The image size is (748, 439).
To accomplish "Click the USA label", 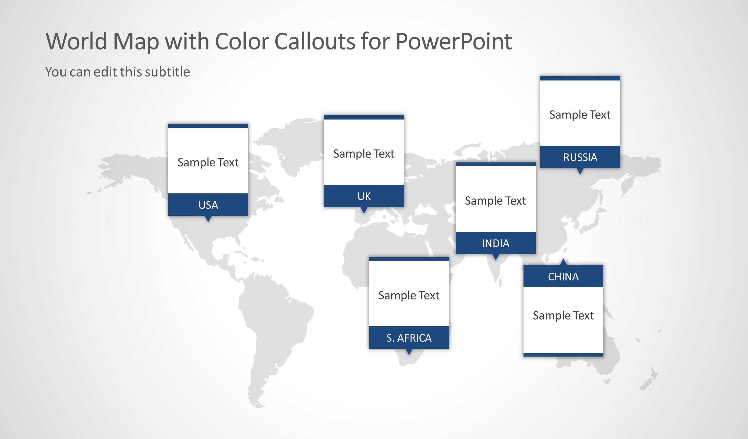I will (208, 205).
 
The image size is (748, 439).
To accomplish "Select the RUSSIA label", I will (580, 157).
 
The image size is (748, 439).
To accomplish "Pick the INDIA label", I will (496, 243).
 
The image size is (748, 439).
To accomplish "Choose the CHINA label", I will (563, 277).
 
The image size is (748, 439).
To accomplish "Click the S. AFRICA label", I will (409, 338).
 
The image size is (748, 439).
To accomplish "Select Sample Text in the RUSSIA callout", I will (580, 115).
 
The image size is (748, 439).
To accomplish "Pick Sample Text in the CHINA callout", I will (563, 315).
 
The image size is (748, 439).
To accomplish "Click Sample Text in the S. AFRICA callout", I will (409, 295).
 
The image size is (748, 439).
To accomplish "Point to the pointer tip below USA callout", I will (208, 219).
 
